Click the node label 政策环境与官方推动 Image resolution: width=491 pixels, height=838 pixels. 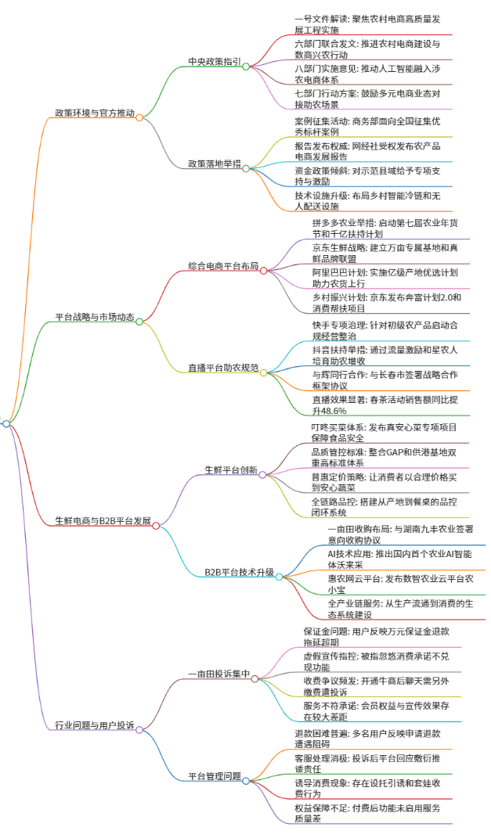[95, 113]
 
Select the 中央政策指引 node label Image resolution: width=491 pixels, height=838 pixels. [215, 62]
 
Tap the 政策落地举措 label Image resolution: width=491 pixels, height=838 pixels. [215, 164]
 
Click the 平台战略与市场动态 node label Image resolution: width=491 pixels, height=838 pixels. [95, 317]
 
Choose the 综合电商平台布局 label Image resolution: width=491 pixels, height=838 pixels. [223, 265]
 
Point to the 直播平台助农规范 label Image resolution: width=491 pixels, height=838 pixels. [223, 368]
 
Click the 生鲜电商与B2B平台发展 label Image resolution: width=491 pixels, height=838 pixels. [103, 521]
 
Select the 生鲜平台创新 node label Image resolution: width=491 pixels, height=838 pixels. [232, 470]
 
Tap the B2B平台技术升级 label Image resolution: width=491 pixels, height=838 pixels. [240, 573]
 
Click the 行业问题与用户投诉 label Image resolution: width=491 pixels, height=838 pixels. [95, 725]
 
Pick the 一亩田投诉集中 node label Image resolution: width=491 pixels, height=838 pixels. [218, 674]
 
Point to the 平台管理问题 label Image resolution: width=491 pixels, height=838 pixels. [215, 776]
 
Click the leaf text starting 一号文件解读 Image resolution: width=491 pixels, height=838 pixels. [367, 24]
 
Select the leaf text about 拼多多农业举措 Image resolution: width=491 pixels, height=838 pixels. [385, 228]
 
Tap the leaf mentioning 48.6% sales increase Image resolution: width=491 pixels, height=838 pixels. [385, 405]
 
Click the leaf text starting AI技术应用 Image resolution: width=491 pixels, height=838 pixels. [400, 559]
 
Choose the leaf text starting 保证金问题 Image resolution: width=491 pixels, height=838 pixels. [377, 637]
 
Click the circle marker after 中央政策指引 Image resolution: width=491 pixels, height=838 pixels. [246, 67]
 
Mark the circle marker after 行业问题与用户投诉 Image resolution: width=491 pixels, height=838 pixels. [139, 730]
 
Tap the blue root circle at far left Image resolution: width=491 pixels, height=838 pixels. [6, 424]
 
